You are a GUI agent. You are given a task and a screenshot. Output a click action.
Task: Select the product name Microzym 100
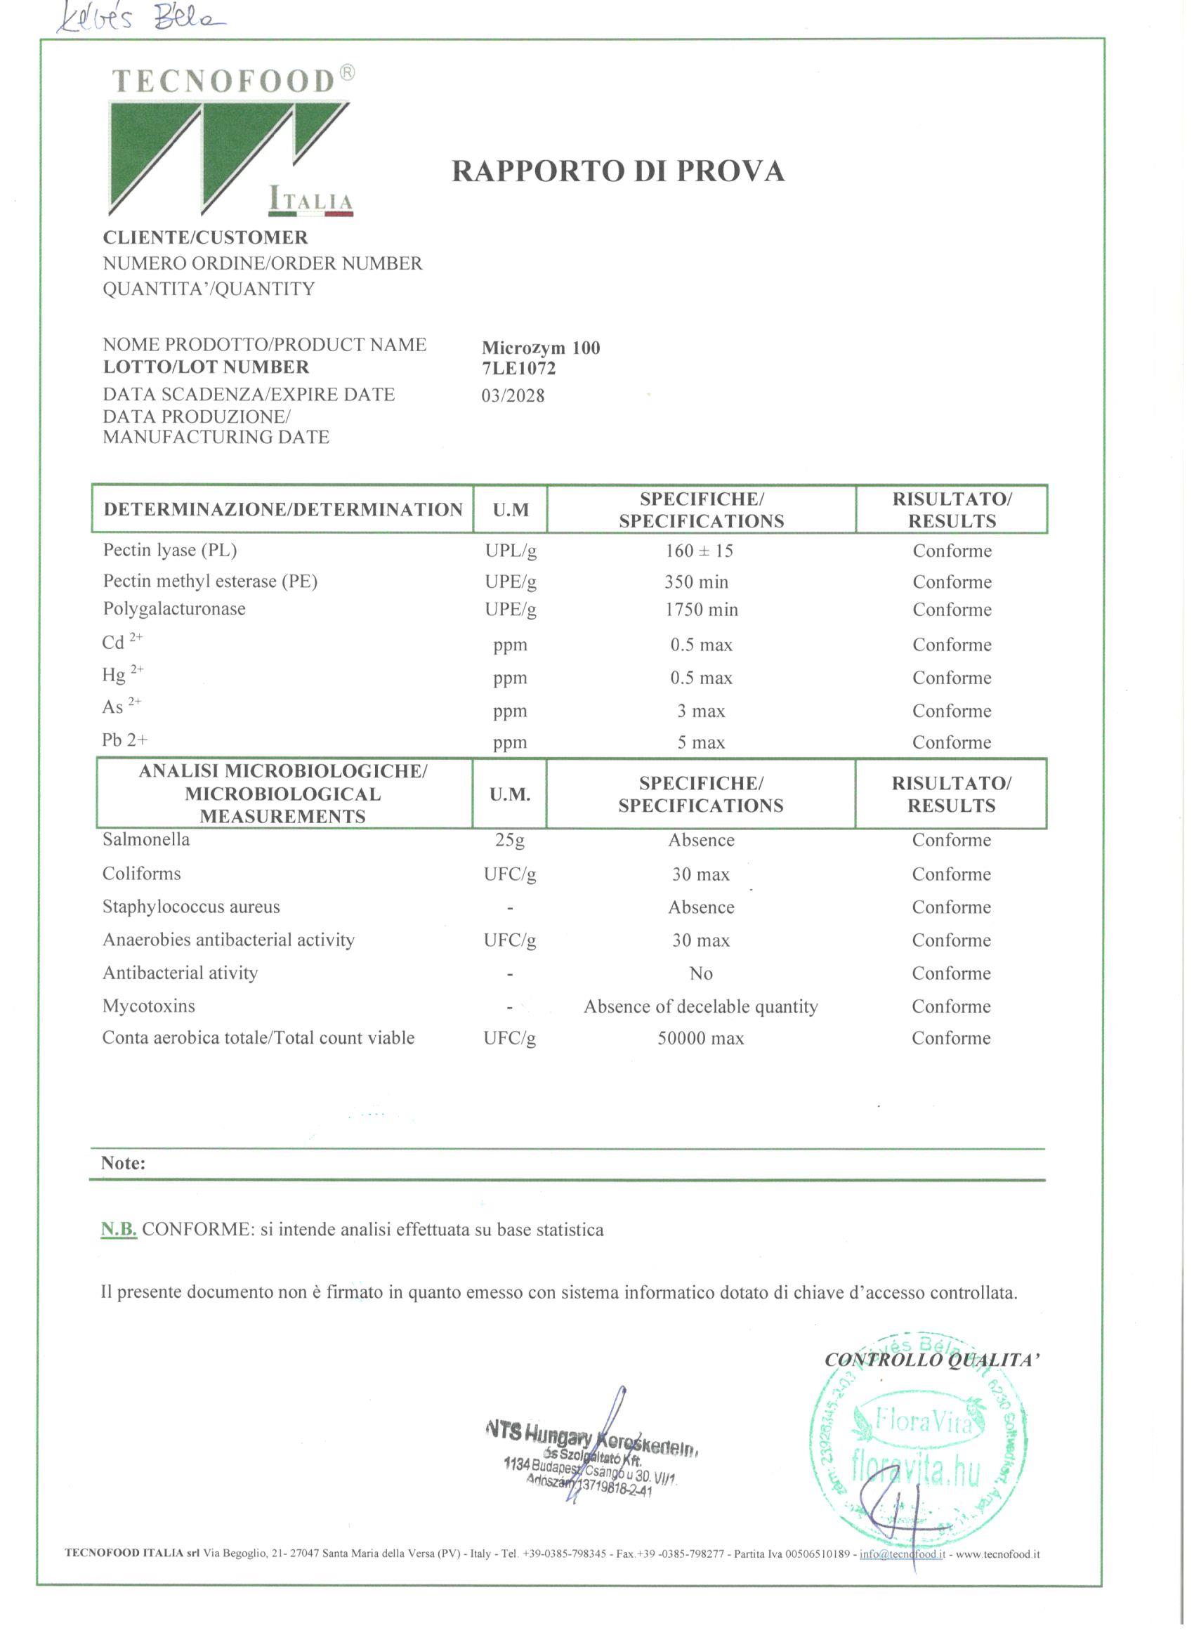(541, 348)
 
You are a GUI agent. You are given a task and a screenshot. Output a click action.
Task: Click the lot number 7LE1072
(518, 369)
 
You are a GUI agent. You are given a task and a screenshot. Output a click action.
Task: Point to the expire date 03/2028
(513, 396)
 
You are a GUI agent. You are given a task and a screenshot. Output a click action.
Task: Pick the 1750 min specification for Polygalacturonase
(701, 610)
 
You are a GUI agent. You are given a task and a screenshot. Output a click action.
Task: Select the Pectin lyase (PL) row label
(169, 550)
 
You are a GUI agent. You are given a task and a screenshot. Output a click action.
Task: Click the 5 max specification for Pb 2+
(700, 742)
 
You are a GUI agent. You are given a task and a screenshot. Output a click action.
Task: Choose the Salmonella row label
(145, 839)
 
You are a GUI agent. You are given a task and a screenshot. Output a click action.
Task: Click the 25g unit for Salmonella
(510, 840)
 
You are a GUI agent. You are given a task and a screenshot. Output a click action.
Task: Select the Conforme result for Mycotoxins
(951, 1006)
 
